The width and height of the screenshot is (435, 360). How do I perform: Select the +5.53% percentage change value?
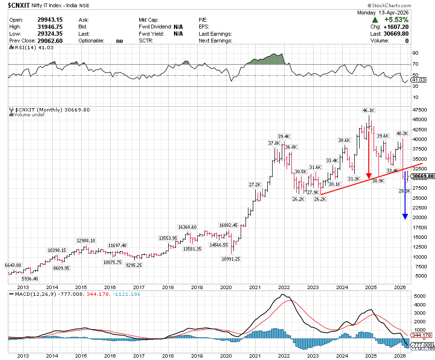(396, 20)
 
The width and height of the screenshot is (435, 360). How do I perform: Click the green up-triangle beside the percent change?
(375, 20)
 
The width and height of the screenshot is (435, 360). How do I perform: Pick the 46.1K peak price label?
(370, 111)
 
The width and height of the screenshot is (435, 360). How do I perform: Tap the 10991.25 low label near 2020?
(231, 259)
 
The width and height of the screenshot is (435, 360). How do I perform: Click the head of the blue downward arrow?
(405, 216)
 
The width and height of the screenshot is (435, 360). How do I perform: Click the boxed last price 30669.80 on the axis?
(421, 177)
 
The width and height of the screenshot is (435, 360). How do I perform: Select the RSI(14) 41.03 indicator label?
(30, 48)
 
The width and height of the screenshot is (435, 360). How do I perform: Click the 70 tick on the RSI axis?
(415, 64)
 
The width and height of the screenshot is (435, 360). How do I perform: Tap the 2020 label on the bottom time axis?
(226, 356)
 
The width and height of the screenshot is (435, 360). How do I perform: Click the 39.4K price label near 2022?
(284, 136)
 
